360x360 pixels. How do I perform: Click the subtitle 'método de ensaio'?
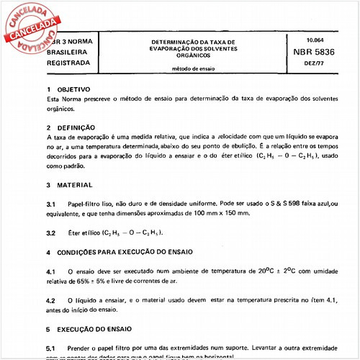[193, 69]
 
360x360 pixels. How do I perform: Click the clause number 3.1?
[50, 204]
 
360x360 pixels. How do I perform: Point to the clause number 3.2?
[50, 233]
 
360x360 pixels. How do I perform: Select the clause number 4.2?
[50, 300]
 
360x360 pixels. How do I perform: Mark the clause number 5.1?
[50, 348]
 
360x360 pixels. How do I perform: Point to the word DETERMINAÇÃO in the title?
[176, 41]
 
